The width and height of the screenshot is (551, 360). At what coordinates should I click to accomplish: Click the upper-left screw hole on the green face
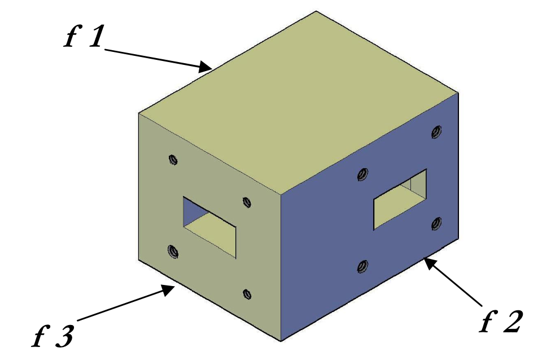173,160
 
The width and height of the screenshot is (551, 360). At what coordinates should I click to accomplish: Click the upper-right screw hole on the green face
246,202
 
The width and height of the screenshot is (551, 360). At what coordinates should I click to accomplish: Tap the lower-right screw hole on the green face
246,293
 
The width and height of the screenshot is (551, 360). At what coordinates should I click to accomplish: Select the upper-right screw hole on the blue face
436,132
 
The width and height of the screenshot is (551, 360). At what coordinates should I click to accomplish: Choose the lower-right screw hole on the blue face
436,223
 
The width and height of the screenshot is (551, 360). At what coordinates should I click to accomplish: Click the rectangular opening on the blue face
400,199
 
